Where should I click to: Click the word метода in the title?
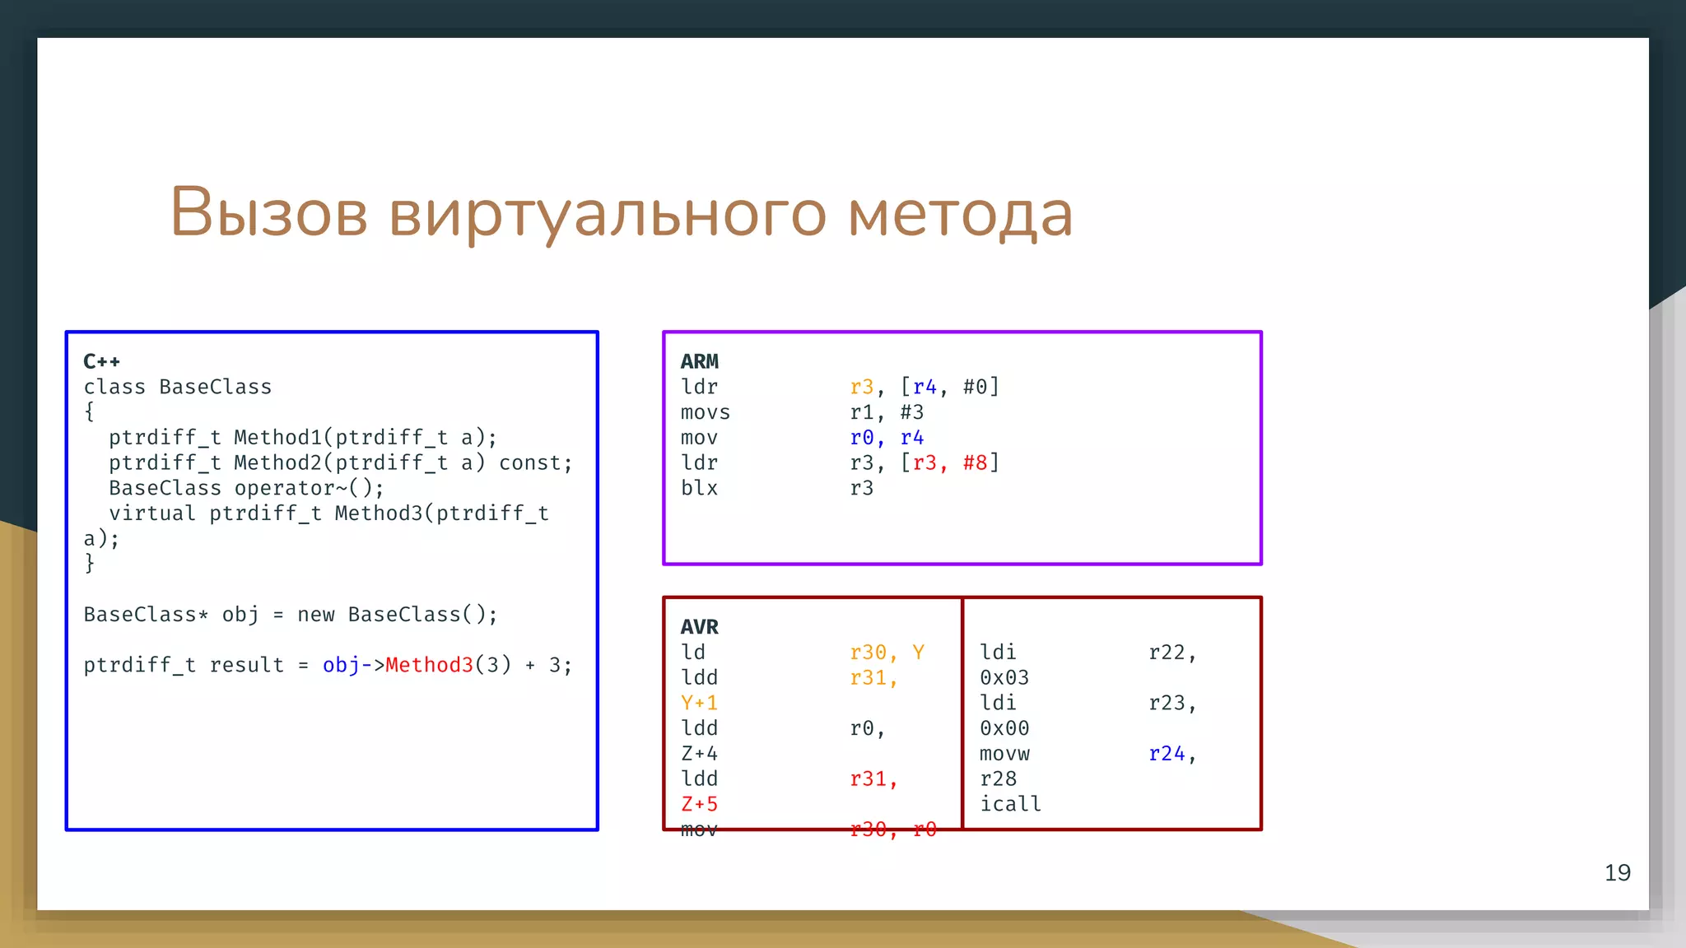click(x=960, y=214)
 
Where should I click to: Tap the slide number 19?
click(x=1617, y=873)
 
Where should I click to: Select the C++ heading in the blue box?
click(x=101, y=361)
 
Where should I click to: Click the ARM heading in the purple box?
click(x=699, y=361)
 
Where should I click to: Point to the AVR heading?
click(x=699, y=627)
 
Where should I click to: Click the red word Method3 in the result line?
click(x=429, y=665)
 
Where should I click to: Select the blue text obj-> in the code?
click(x=353, y=665)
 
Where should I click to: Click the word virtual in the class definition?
click(x=152, y=513)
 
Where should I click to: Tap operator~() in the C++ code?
click(x=309, y=488)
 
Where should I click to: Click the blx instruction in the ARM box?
click(x=699, y=488)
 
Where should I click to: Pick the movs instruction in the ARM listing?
click(x=705, y=412)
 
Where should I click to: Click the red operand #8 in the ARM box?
click(x=975, y=463)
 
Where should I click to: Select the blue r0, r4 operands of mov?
click(x=887, y=438)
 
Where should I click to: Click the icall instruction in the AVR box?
click(x=1010, y=804)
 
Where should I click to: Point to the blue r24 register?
click(x=1167, y=754)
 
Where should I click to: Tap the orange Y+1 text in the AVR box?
click(x=699, y=704)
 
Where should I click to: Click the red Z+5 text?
click(x=699, y=804)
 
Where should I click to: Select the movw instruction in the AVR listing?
click(x=1004, y=754)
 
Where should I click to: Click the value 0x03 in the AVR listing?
click(x=1004, y=678)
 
